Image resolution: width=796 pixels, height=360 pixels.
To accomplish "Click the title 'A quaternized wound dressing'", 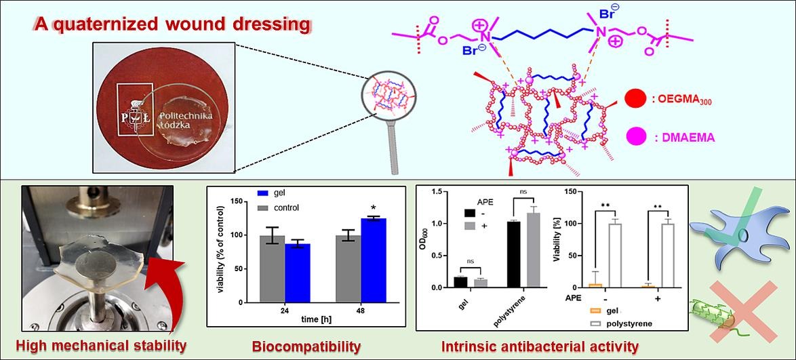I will click(x=173, y=25).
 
